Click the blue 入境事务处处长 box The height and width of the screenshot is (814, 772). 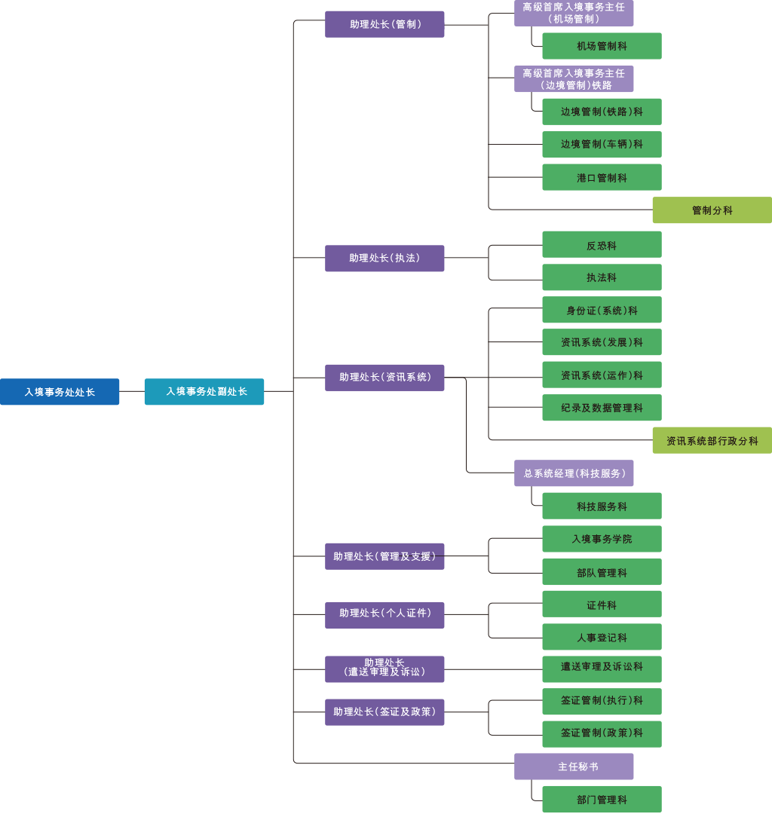tap(60, 392)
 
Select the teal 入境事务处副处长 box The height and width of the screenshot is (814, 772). tap(204, 392)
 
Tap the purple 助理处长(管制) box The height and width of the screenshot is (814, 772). tap(384, 24)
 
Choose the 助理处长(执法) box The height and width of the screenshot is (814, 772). tap(384, 259)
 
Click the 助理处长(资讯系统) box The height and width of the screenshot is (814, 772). tap(384, 378)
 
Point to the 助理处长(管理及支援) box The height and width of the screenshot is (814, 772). tap(384, 556)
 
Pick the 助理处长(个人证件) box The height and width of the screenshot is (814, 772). tap(384, 614)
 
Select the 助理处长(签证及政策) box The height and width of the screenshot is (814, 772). tap(384, 712)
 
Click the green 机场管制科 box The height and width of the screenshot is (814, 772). tap(602, 46)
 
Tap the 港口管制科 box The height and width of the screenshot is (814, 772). tap(602, 178)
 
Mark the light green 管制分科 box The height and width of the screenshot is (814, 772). tap(712, 210)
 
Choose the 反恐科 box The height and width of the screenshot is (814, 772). tap(602, 245)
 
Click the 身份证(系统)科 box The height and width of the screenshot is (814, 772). tap(602, 310)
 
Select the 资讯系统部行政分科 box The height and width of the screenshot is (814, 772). tap(712, 440)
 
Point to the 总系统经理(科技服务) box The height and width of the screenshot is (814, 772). tap(574, 473)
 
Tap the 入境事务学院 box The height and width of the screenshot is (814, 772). tap(602, 539)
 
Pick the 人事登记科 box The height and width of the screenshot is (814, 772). tap(602, 638)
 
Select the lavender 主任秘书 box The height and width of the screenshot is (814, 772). tap(574, 767)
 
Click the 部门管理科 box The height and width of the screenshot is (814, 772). tap(602, 800)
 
